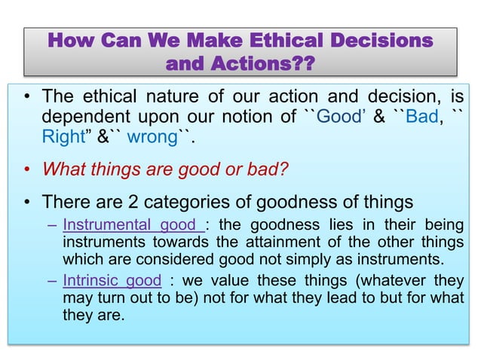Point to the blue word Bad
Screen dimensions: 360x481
pyautogui.click(x=421, y=119)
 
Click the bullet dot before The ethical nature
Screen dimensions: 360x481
pyautogui.click(x=27, y=100)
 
